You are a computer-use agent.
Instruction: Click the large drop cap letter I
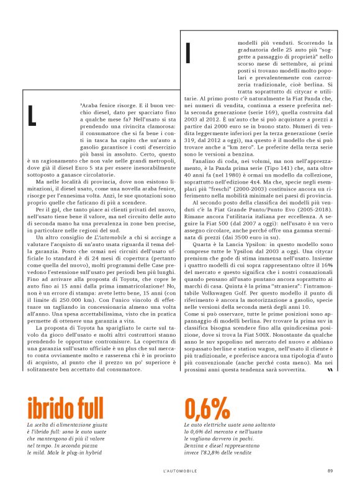pyautogui.click(x=187, y=55)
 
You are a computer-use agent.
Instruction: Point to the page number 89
pyautogui.click(x=331, y=470)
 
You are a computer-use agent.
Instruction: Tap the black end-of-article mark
pyautogui.click(x=330, y=370)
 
